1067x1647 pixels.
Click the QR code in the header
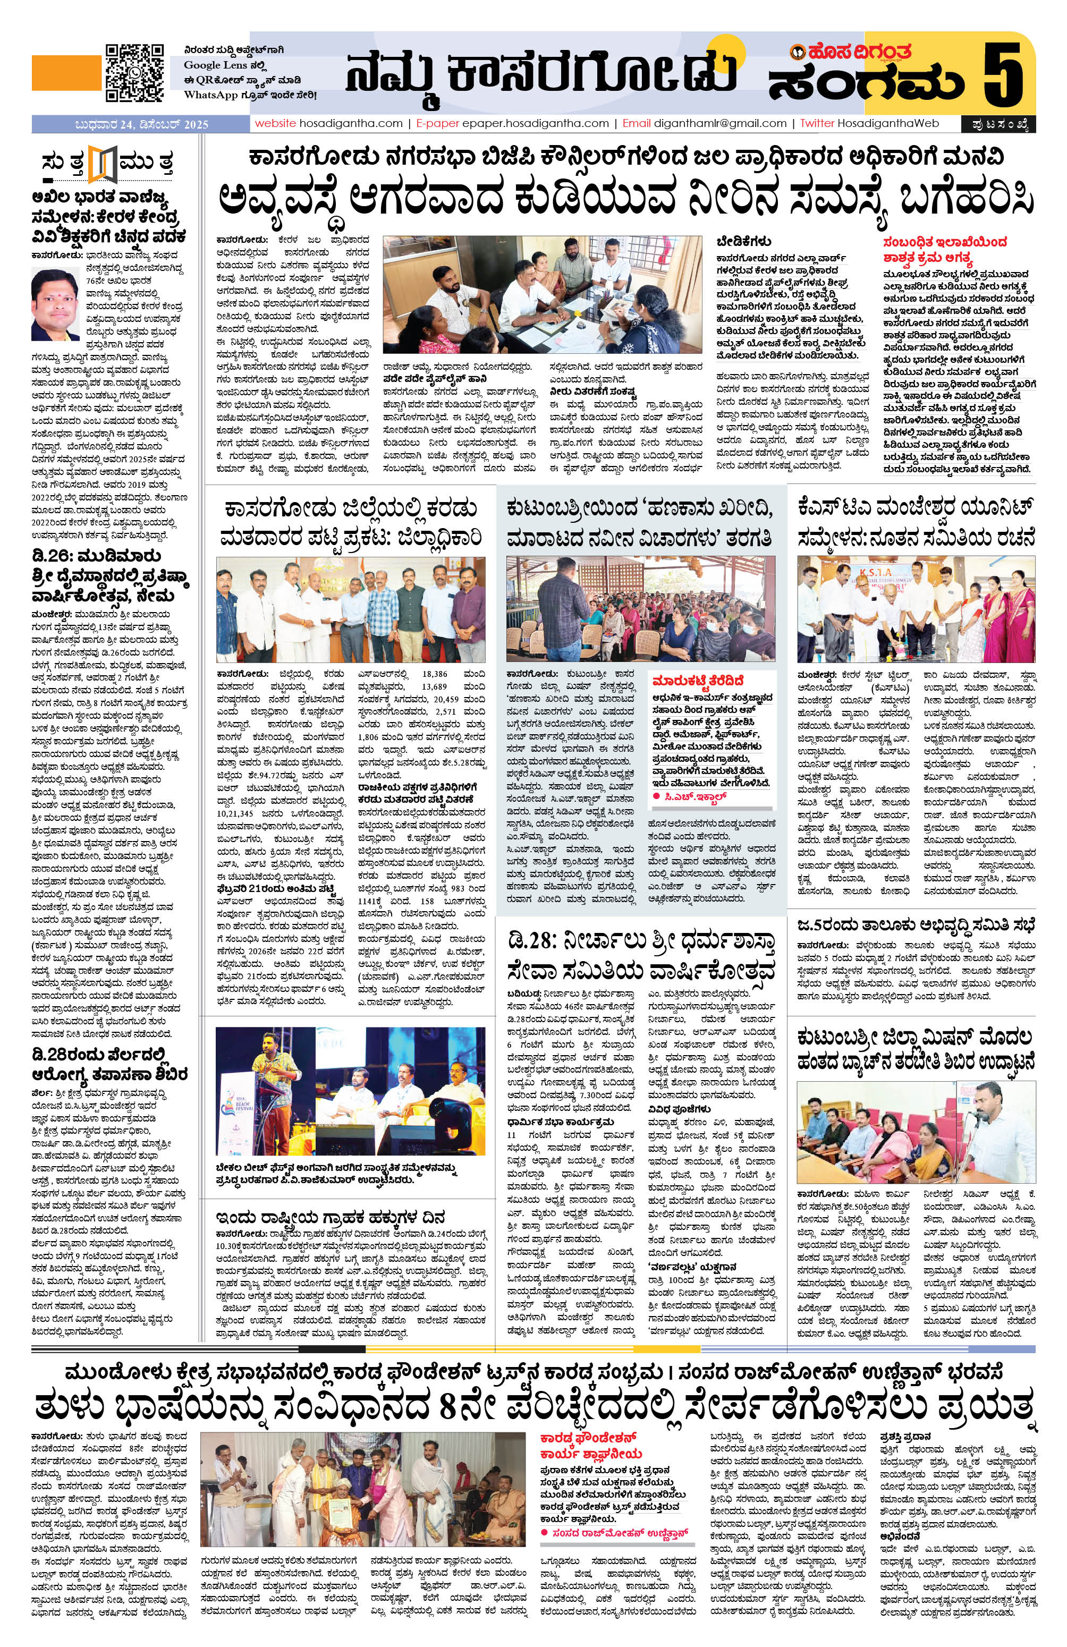[134, 73]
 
